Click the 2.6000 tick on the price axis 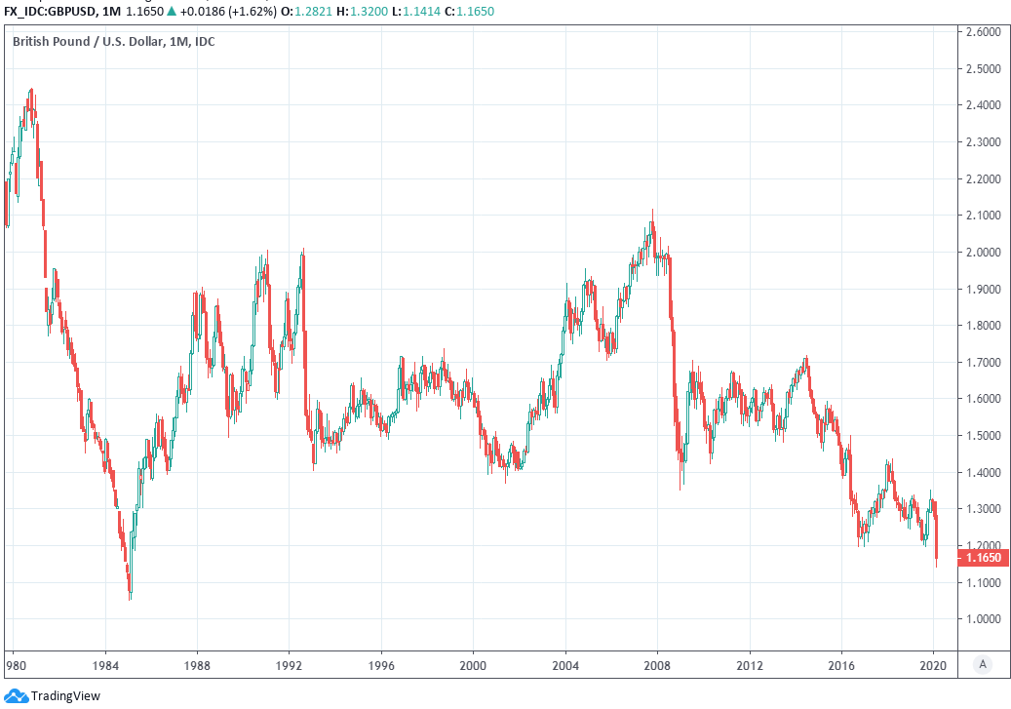[982, 32]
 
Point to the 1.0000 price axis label [982, 619]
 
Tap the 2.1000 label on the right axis [982, 216]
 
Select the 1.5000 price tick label [982, 436]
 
